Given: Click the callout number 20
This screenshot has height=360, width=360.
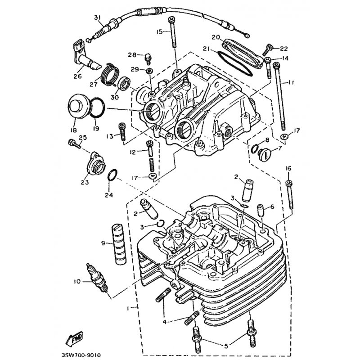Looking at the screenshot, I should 216,37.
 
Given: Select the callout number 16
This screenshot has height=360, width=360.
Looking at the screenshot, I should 288,168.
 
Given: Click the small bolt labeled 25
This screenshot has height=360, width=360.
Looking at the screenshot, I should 75,144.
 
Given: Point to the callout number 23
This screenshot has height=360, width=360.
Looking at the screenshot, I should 85,182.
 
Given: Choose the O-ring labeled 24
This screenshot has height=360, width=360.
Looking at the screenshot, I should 112,175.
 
